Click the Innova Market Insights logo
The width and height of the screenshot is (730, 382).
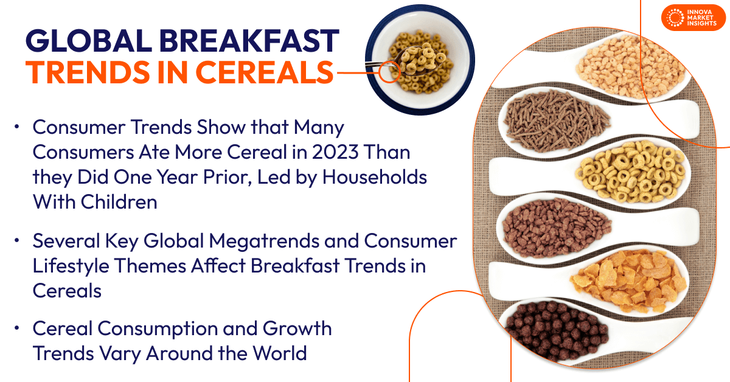pyautogui.click(x=693, y=18)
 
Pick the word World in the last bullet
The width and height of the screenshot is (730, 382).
pyautogui.click(x=278, y=353)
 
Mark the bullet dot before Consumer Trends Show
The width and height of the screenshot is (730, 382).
pyautogui.click(x=18, y=127)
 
